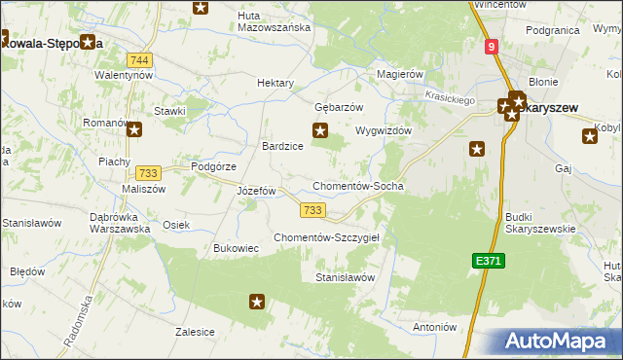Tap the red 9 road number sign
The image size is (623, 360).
click(x=493, y=46)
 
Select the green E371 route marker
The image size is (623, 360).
click(x=489, y=261)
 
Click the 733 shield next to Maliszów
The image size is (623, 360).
click(x=149, y=172)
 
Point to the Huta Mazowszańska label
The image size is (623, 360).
click(x=274, y=21)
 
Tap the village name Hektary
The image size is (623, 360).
click(x=275, y=84)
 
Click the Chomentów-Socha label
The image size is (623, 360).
click(x=357, y=186)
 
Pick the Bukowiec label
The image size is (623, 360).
click(x=236, y=248)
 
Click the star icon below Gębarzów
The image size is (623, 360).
click(x=319, y=130)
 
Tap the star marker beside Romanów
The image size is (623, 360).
click(x=134, y=128)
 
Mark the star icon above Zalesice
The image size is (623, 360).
click(x=257, y=302)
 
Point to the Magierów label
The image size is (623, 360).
click(x=400, y=74)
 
